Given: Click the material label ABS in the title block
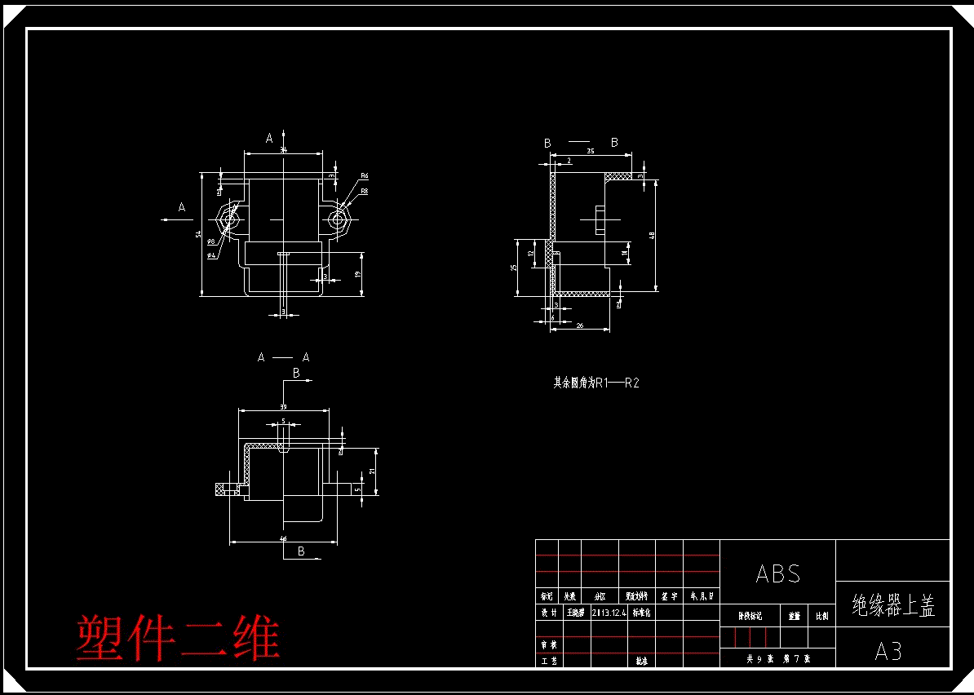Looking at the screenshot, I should click(x=777, y=573).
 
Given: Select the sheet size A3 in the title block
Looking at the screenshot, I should click(x=888, y=651).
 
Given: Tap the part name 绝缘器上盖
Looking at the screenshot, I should click(x=892, y=605).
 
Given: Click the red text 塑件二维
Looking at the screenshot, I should click(x=178, y=638).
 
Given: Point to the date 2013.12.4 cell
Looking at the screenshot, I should click(x=609, y=612).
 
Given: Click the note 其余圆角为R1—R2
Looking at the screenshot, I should click(x=596, y=382).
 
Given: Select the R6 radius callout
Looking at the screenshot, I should click(x=364, y=176).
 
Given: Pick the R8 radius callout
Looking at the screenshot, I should click(x=364, y=191).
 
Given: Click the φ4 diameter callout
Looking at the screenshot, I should click(x=210, y=255).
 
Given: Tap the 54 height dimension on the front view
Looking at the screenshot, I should click(x=198, y=234).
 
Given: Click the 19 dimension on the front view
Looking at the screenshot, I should click(x=360, y=274).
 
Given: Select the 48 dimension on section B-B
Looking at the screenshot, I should click(x=652, y=235).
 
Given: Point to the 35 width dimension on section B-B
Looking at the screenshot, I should click(x=590, y=152).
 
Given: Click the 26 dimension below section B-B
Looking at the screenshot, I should click(x=579, y=325).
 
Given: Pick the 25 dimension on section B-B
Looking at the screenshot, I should click(x=514, y=268).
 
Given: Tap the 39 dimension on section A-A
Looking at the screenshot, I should click(x=283, y=406).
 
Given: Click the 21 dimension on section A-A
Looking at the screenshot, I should click(x=372, y=471).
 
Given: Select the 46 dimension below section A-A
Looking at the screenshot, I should click(x=283, y=538).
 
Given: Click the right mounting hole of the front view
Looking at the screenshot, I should click(x=337, y=219).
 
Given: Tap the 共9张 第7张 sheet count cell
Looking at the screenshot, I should click(x=777, y=658).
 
